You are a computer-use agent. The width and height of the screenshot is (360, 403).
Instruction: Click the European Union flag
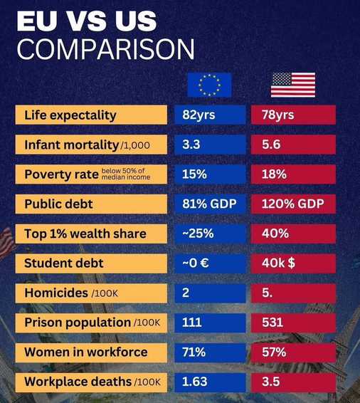coord(209,85)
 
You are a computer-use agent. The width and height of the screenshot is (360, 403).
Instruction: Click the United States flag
coord(292,85)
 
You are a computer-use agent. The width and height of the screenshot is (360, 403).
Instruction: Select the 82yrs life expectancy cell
coord(209,115)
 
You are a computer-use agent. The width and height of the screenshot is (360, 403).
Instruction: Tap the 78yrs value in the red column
coord(292,115)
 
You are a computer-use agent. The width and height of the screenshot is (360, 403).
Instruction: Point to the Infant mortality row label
coord(92,145)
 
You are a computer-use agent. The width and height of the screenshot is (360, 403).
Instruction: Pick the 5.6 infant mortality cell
coord(292,145)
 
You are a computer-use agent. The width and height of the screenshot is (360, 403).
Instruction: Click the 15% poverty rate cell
coord(209,174)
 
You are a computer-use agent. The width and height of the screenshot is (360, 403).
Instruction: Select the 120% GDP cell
coord(292,204)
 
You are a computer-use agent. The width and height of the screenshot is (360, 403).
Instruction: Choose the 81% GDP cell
coord(209,204)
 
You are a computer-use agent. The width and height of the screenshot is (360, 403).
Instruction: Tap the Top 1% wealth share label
coord(92,234)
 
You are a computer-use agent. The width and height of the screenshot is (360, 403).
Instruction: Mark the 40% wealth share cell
coord(292,234)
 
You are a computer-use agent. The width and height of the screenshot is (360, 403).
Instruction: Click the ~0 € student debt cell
coord(209,263)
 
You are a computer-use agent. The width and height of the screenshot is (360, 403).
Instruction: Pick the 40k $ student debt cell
coord(292,263)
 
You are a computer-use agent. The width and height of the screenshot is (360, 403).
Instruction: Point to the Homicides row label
coord(92,293)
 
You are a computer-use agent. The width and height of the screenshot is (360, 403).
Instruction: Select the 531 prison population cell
coord(292,323)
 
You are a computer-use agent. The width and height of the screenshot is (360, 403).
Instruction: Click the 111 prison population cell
coord(209,323)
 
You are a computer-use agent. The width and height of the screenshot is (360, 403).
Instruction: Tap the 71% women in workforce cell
coord(209,352)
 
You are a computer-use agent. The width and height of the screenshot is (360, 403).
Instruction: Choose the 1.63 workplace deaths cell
coord(209,382)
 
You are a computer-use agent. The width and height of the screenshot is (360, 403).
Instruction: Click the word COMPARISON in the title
coord(105,49)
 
